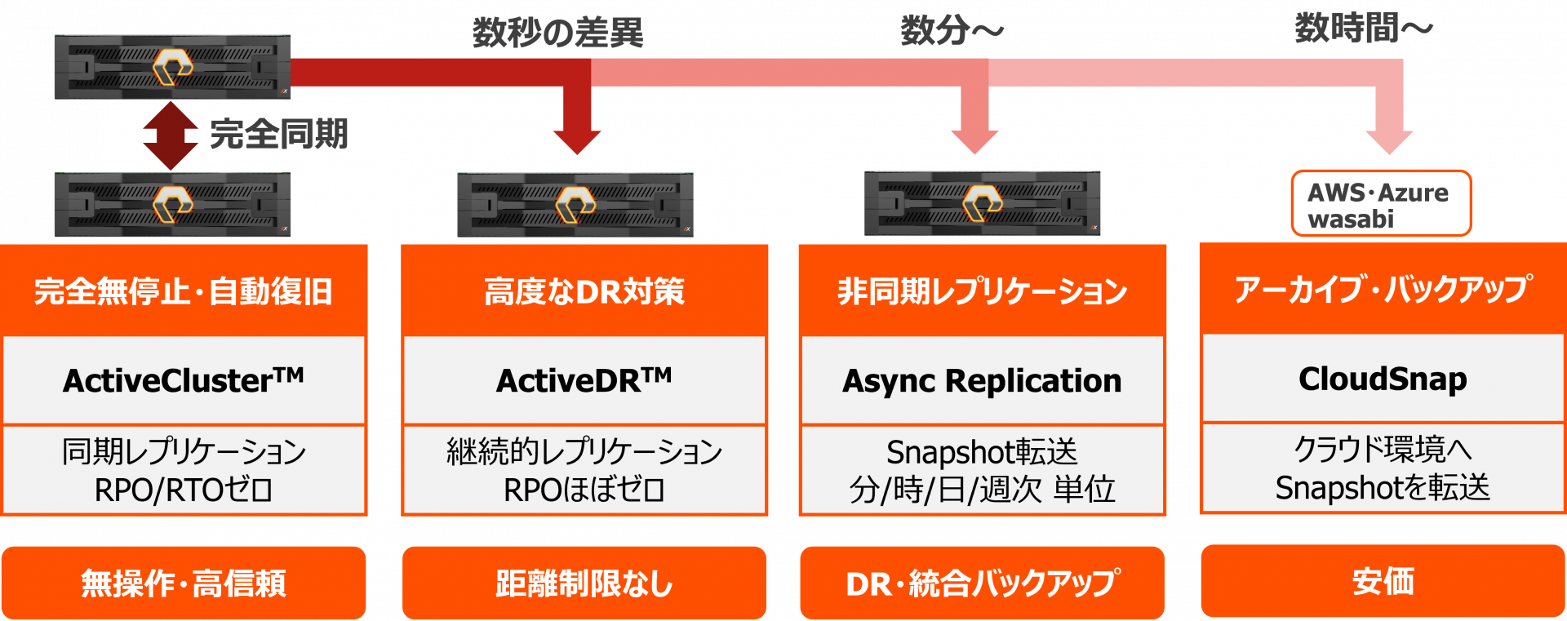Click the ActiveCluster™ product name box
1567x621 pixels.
coord(184,380)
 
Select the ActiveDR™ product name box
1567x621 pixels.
coord(584,380)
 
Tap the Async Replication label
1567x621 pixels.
coord(982,380)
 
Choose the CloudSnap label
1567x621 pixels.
coord(1383,379)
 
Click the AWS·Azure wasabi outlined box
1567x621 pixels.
coord(1381,204)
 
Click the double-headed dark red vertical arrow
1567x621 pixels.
coord(170,135)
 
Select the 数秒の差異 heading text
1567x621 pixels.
coord(557,33)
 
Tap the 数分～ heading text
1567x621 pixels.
coord(952,31)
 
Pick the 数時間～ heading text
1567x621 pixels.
coord(1364,29)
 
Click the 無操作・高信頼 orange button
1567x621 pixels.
coord(184,583)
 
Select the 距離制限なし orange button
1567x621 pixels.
coord(584,583)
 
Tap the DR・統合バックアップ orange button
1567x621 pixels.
coord(982,583)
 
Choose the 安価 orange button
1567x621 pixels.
coord(1383,581)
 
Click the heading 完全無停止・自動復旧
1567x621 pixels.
coord(184,291)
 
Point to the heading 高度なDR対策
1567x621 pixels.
coord(584,291)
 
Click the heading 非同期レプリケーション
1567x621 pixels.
coord(982,291)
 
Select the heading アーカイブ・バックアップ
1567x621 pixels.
coord(1383,290)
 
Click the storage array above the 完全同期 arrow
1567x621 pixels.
coord(172,67)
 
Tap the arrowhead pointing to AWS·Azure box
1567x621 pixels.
coord(1389,140)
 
